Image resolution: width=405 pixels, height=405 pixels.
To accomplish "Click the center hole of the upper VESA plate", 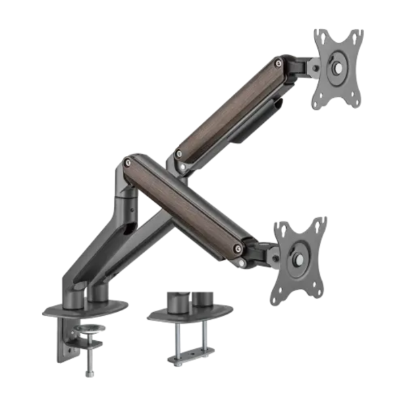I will point(336,68).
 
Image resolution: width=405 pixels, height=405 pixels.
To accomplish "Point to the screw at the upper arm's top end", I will point(278,64).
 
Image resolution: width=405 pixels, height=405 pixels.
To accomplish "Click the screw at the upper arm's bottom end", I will point(178,154).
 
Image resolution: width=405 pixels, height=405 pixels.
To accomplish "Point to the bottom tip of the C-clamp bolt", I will point(89,374).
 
